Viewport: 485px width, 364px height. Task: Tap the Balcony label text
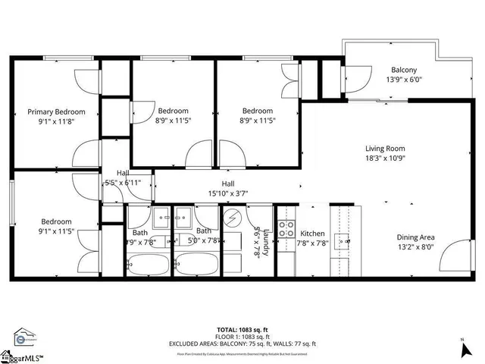403,70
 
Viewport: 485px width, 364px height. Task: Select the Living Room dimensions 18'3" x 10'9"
385,159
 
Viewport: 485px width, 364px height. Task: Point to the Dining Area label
415,236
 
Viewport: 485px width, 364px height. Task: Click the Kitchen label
312,233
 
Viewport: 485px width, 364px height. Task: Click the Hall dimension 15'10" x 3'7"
227,193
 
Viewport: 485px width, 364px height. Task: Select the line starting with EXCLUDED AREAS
242,345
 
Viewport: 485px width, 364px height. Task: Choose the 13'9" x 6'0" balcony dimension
403,80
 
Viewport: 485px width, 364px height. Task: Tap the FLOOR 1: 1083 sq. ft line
242,338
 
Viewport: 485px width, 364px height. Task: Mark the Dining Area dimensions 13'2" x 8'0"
415,246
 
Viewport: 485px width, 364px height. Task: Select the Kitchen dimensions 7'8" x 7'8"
312,243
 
